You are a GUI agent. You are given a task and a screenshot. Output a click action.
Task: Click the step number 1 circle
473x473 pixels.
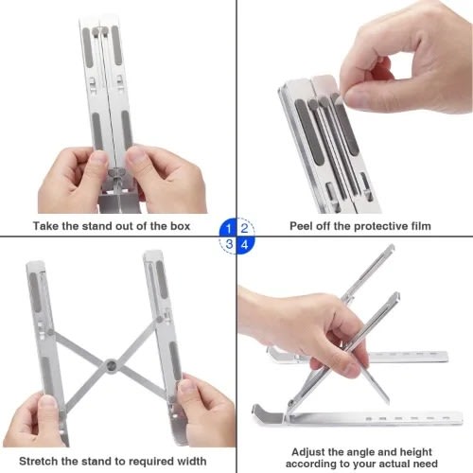point(228,227)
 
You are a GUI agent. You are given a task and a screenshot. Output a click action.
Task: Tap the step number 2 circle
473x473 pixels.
point(245,227)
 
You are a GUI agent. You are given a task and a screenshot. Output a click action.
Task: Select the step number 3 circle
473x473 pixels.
point(228,244)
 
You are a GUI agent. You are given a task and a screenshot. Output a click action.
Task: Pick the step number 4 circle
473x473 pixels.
point(245,244)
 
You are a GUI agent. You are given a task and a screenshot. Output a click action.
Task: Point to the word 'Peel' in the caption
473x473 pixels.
point(306,226)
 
